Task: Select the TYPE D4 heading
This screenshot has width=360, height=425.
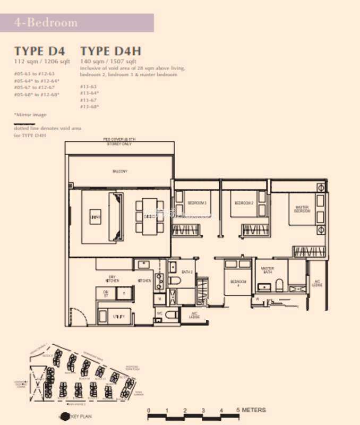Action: tap(40, 51)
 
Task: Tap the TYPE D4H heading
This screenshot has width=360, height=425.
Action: tap(110, 51)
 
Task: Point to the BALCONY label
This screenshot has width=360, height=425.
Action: tap(120, 171)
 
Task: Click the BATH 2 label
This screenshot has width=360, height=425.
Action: tap(186, 272)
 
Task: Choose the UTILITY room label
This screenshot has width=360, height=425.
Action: tap(119, 317)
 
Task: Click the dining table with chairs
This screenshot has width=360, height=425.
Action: tap(149, 216)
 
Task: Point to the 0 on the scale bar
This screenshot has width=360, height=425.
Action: tap(149, 410)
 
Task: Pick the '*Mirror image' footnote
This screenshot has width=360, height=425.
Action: tap(30, 115)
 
